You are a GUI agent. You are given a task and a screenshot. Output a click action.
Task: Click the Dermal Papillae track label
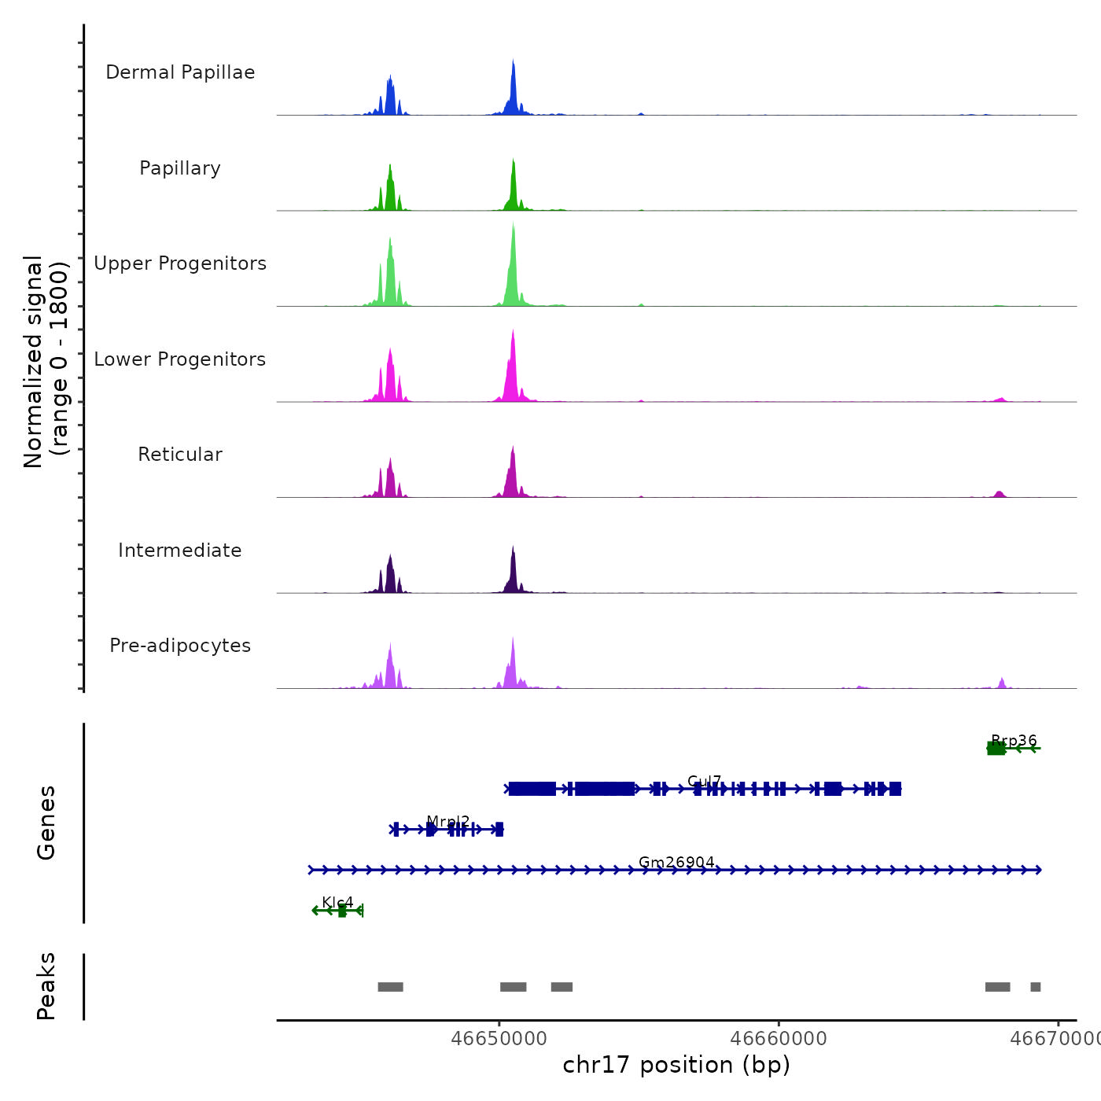click(x=180, y=72)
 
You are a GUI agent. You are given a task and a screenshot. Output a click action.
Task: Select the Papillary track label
click(x=180, y=168)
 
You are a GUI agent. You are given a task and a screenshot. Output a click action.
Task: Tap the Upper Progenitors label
click(x=180, y=263)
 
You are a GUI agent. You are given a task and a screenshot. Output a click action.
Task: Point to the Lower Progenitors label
click(x=180, y=359)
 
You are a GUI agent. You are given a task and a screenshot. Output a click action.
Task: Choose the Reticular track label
click(x=180, y=455)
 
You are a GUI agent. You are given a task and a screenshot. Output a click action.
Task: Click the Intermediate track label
click(x=180, y=550)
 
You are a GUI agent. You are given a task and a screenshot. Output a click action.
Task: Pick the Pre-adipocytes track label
click(x=180, y=646)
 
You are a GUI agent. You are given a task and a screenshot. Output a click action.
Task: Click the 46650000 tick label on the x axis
click(x=499, y=1038)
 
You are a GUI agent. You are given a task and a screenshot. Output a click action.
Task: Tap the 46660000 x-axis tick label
click(x=779, y=1038)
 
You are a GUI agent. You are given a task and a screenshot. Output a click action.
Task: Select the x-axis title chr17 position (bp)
click(x=676, y=1065)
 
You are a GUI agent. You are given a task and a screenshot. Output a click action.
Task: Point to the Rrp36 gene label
click(x=1014, y=740)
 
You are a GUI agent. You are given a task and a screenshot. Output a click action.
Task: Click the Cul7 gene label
click(x=704, y=781)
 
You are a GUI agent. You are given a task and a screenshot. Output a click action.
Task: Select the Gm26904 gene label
click(x=676, y=862)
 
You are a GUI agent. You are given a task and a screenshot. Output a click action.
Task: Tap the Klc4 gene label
click(x=337, y=902)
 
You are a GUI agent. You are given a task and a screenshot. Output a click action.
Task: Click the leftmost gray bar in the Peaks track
click(x=390, y=987)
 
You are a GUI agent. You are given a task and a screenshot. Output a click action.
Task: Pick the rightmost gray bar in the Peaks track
click(x=1035, y=987)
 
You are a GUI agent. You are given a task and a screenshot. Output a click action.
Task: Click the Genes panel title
click(x=46, y=823)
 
